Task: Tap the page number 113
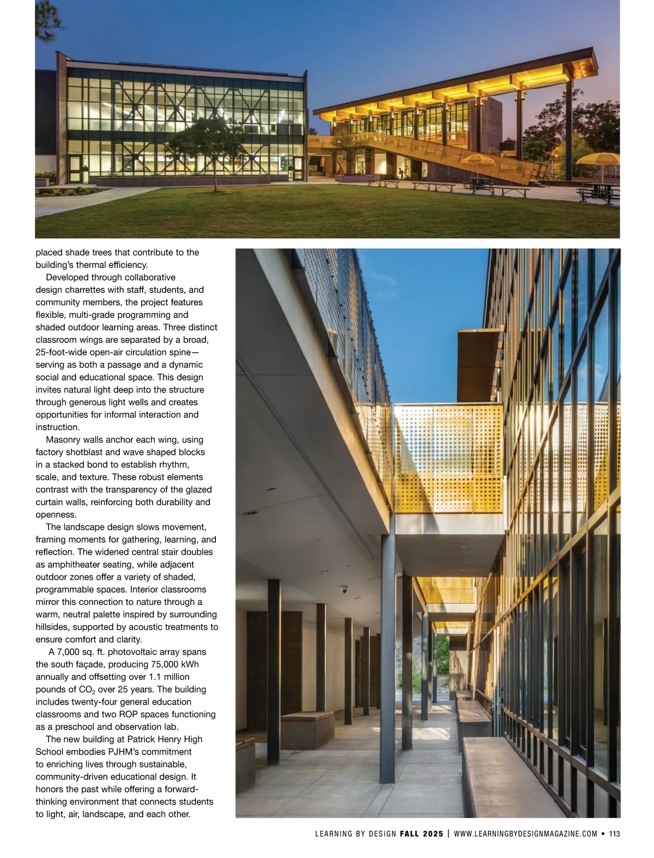point(615,834)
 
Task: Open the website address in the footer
point(525,834)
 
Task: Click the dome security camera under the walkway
point(343,590)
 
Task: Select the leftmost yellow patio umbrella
point(478,160)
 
